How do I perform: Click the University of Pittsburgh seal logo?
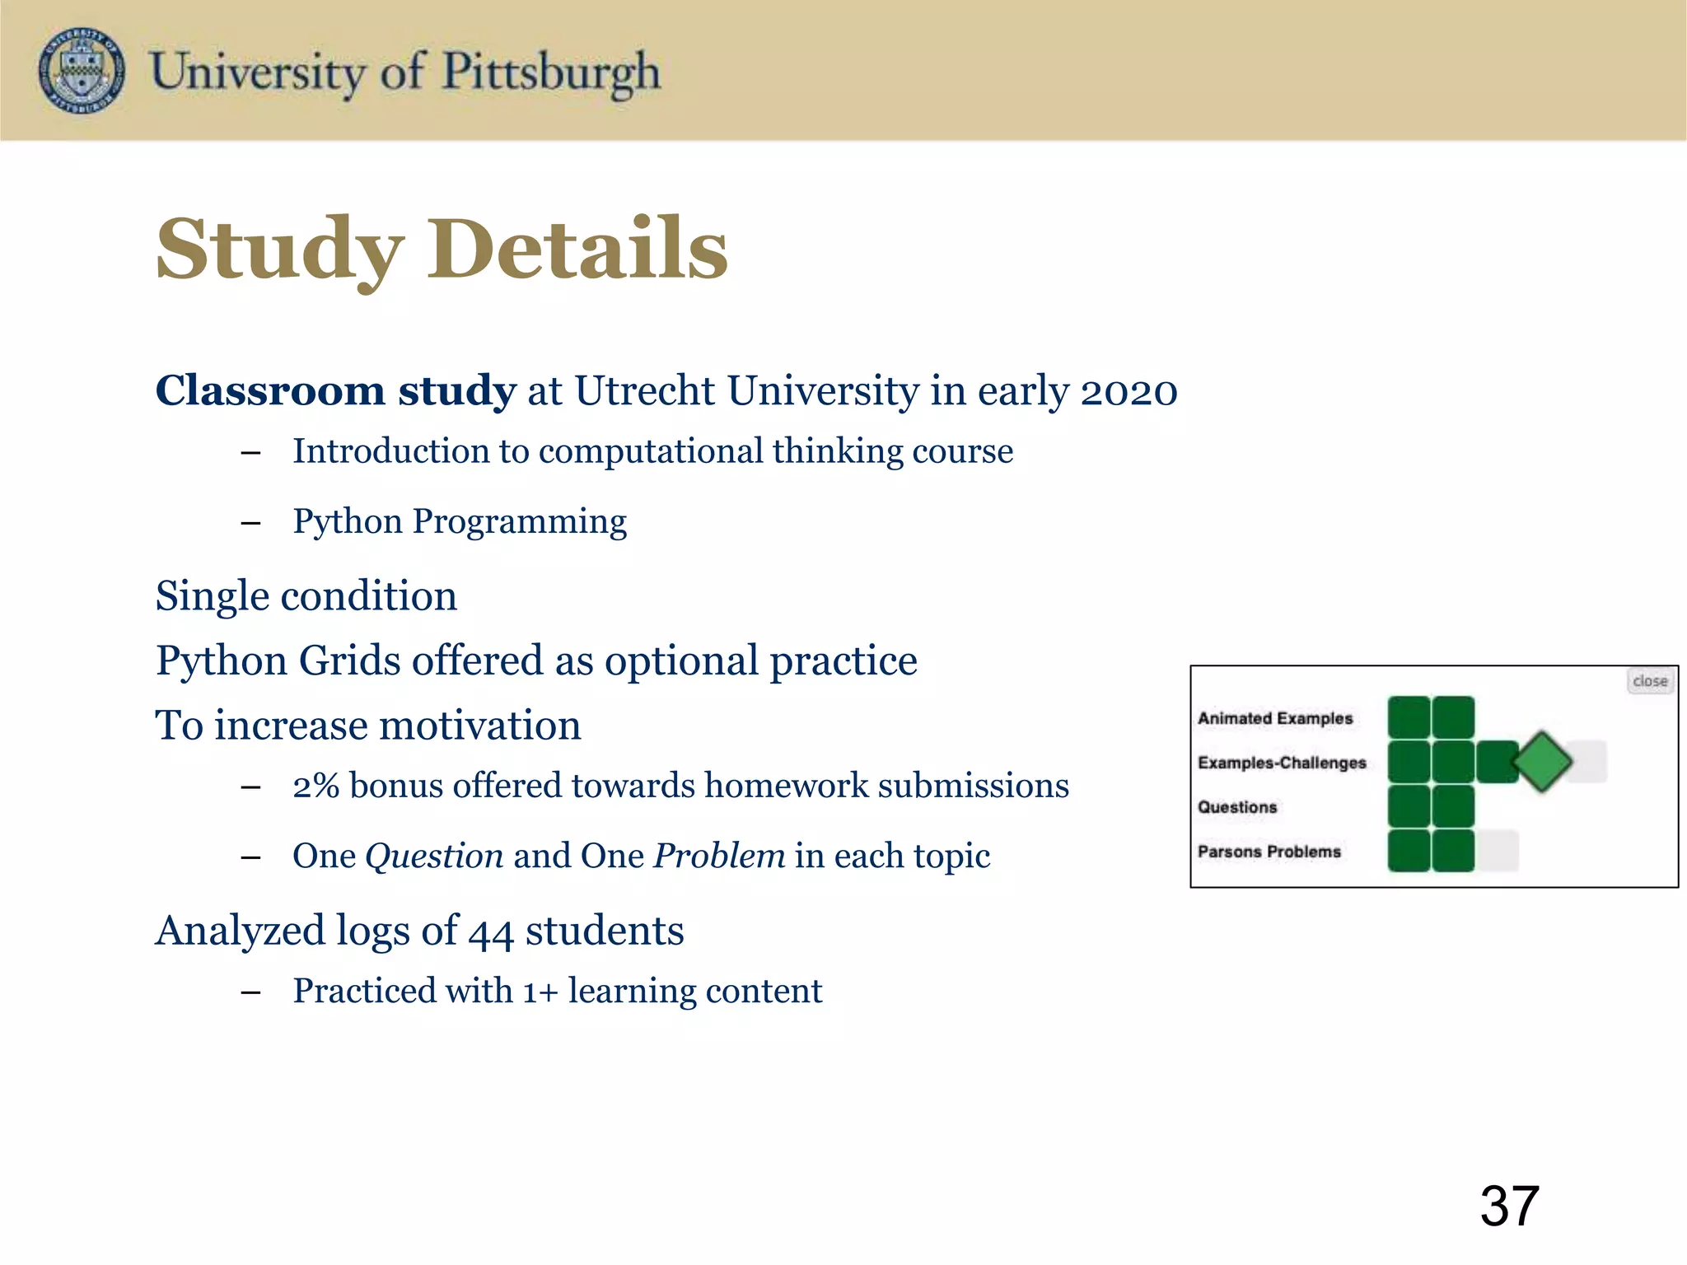pos(82,70)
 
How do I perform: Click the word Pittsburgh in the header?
pos(551,72)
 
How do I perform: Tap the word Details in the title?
pos(577,249)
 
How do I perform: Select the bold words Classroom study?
pos(335,390)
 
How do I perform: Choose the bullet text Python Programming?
pos(460,521)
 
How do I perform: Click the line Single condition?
pos(306,595)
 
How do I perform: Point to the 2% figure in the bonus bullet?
pos(315,786)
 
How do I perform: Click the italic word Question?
pos(434,856)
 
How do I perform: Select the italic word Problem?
pos(719,856)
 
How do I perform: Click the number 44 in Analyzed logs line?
pos(491,931)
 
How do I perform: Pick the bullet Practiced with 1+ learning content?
pos(557,991)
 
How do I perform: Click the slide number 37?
pos(1509,1207)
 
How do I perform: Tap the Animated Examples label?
pos(1274,718)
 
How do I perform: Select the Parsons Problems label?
pos(1269,852)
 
